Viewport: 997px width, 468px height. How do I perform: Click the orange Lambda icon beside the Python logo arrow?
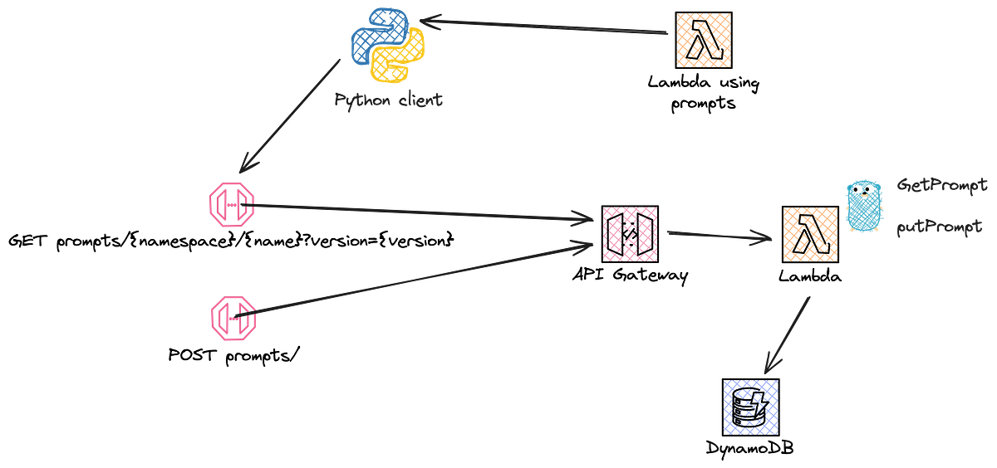[x=704, y=39]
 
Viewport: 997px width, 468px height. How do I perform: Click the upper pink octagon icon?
[x=231, y=204]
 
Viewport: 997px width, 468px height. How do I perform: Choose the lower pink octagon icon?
[x=232, y=317]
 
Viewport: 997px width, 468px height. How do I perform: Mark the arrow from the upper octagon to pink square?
[x=424, y=212]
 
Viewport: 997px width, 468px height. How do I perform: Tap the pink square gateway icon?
[x=630, y=235]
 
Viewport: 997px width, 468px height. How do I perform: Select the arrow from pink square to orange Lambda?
[x=719, y=236]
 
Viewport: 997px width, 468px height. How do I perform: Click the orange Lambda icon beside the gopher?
[x=810, y=235]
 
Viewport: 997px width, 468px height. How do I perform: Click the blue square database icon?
[x=750, y=407]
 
